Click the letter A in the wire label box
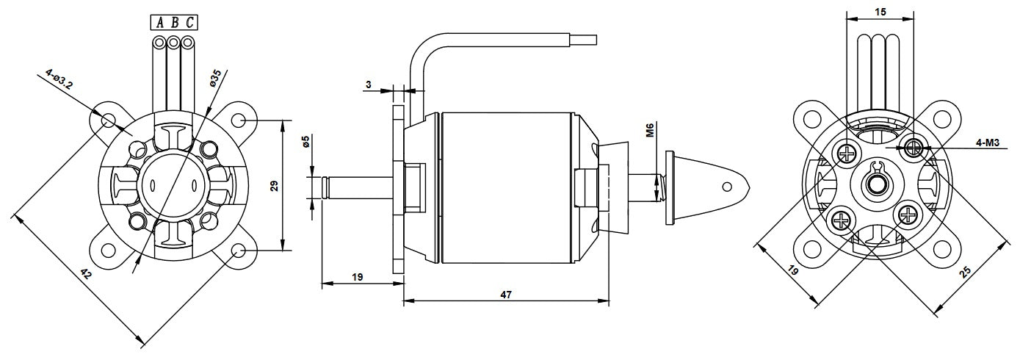[159, 22]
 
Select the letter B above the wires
[174, 22]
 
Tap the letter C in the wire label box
[189, 22]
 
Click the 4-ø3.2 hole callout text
[59, 79]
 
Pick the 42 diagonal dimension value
[86, 275]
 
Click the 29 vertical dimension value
[274, 185]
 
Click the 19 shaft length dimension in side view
[358, 277]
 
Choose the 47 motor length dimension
[506, 295]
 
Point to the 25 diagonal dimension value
[965, 273]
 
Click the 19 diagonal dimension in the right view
[793, 270]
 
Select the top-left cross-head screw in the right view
[847, 154]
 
